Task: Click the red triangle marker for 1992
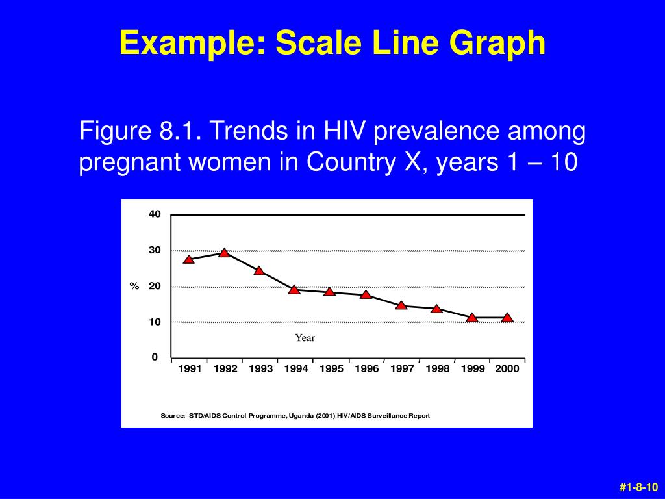tap(224, 253)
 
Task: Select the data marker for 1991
tap(189, 259)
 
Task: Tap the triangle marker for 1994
tap(294, 289)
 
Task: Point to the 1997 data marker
tap(401, 305)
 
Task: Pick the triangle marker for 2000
tap(507, 318)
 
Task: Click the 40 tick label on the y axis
tap(155, 214)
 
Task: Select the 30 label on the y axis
tap(155, 250)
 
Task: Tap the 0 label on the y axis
tap(155, 357)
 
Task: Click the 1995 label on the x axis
tap(331, 369)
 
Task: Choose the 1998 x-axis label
tap(438, 369)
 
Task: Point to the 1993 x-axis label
tap(260, 369)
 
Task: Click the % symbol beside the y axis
tap(134, 287)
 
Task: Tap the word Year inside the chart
tap(305, 338)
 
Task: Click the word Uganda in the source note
tap(301, 416)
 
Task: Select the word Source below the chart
tap(172, 416)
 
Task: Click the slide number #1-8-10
tap(639, 487)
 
